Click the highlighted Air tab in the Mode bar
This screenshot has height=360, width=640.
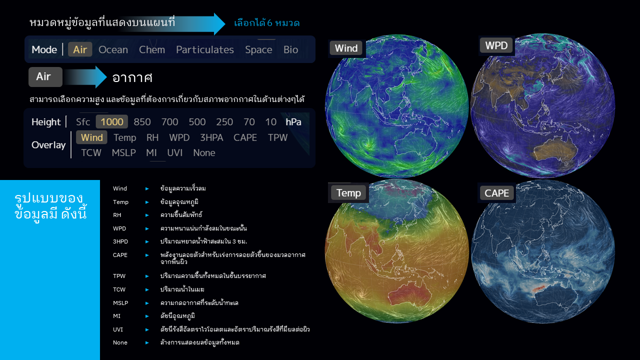click(80, 49)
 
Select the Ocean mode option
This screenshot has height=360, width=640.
click(113, 49)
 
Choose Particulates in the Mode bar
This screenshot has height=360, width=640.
click(205, 49)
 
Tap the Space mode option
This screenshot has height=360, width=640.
click(258, 50)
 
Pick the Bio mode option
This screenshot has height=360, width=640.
click(290, 49)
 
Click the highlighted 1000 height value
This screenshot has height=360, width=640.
click(111, 121)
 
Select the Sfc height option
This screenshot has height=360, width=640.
click(83, 122)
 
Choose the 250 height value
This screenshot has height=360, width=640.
click(224, 122)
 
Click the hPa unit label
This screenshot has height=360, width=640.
click(293, 122)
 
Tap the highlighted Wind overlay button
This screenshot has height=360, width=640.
click(91, 137)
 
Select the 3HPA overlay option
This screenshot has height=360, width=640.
click(211, 137)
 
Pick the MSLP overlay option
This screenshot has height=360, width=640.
click(123, 153)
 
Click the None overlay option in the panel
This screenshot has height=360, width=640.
click(204, 153)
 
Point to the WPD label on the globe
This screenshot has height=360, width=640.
click(496, 45)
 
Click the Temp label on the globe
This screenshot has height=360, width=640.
click(348, 193)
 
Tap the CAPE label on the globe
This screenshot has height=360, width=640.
click(496, 193)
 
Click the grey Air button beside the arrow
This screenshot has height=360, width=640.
click(45, 77)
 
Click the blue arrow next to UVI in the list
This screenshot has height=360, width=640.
click(147, 329)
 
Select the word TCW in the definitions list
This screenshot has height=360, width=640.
click(119, 289)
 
